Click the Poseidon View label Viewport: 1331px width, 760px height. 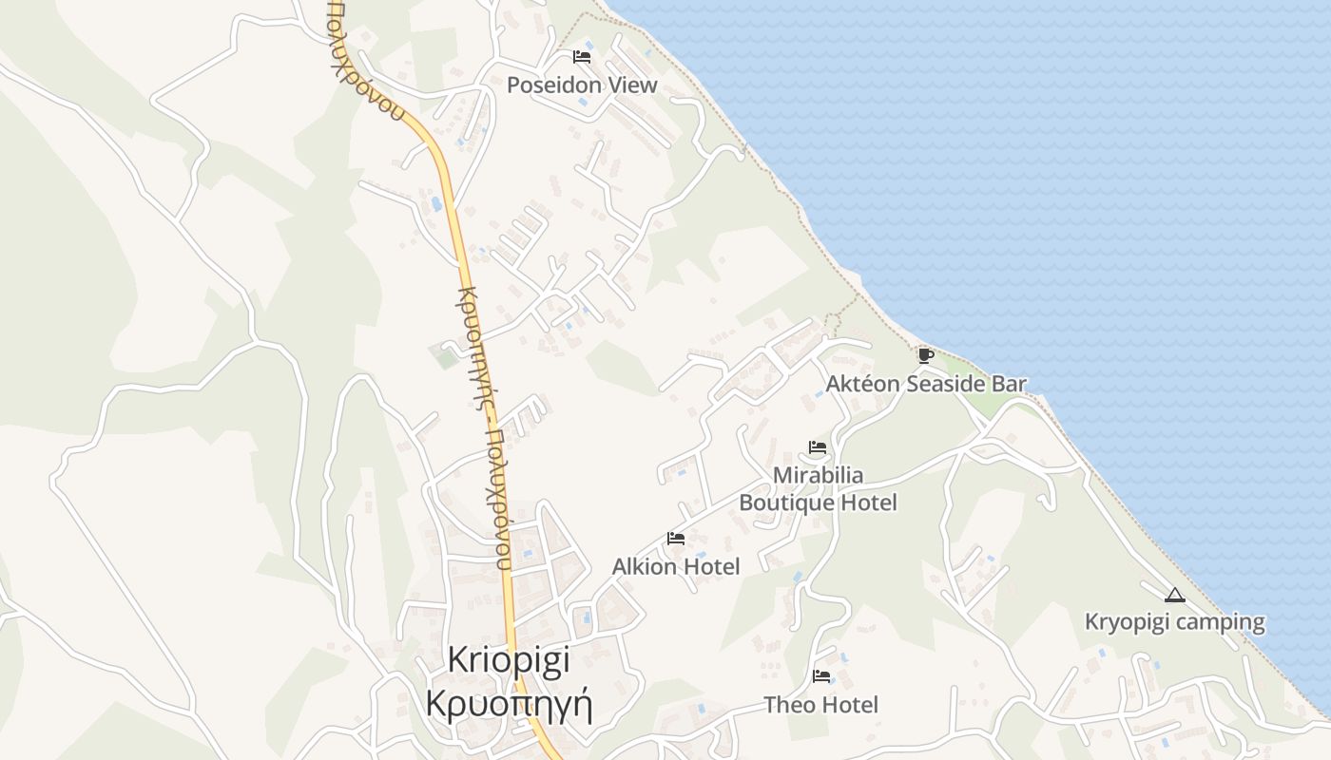point(582,85)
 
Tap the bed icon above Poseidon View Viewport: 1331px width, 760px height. point(582,57)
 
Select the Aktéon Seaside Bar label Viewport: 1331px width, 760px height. point(926,384)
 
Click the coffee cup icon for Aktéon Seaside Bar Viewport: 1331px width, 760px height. point(925,355)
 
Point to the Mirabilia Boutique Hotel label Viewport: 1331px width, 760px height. point(818,488)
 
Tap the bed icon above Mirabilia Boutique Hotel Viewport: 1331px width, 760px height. point(818,447)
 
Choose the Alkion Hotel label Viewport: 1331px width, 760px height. point(676,566)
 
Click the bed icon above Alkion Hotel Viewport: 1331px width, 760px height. point(676,539)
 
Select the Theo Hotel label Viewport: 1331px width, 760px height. point(821,705)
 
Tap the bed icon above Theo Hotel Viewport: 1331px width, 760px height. point(821,676)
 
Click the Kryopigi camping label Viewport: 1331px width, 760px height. point(1175,622)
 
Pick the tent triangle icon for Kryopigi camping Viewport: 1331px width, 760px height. point(1175,596)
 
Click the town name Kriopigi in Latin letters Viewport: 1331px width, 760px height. point(509,659)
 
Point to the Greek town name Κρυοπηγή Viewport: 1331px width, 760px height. point(509,706)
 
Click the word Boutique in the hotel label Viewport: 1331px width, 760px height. point(785,503)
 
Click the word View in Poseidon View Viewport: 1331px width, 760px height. point(633,85)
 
